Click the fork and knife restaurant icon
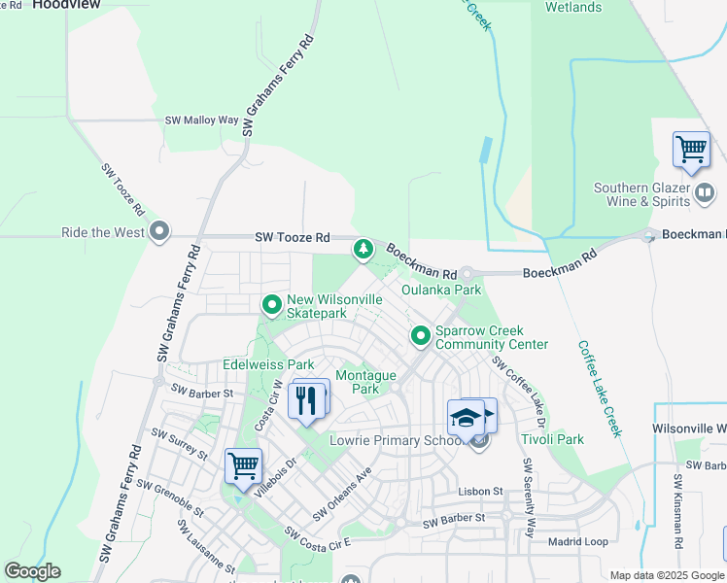[308, 399]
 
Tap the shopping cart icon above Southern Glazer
[691, 152]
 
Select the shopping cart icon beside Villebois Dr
[242, 465]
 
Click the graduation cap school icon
[467, 418]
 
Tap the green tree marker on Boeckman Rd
[363, 250]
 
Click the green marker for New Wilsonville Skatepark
[271, 306]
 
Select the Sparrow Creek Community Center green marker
[421, 336]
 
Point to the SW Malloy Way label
[201, 120]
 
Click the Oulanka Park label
[441, 290]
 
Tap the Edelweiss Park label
[269, 364]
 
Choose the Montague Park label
[365, 382]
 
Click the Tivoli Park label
[552, 439]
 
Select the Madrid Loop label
[577, 542]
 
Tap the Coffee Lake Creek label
[600, 389]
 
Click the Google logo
[32, 571]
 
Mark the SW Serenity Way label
[529, 507]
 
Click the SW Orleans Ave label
[342, 495]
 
